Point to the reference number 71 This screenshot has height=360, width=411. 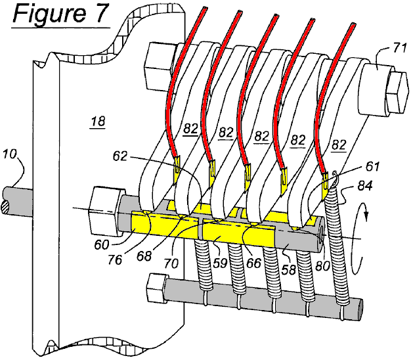coord(382,47)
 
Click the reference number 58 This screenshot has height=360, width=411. coord(287,254)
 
